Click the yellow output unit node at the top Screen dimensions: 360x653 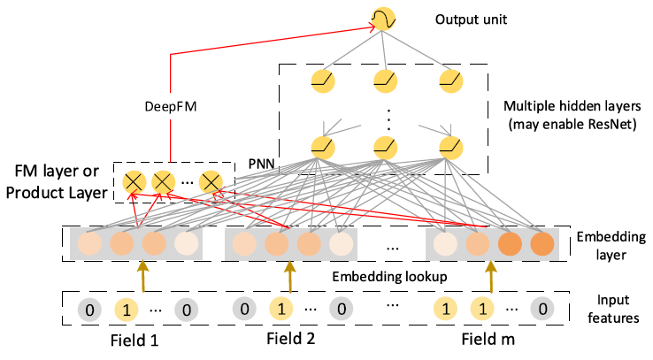click(x=382, y=19)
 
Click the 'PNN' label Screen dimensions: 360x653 click(x=261, y=165)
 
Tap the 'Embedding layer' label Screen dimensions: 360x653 click(x=603, y=246)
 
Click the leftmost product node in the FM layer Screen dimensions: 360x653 click(x=133, y=182)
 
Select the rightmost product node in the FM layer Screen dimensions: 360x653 click(x=210, y=182)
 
